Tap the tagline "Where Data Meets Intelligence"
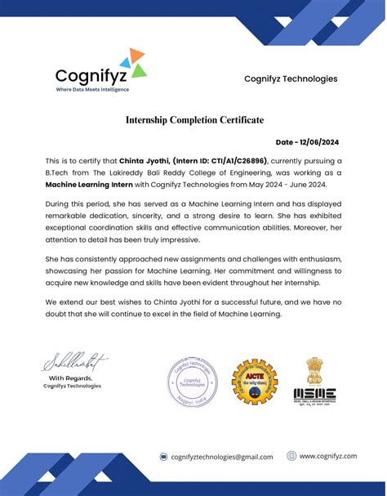[x=92, y=89]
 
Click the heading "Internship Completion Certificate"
[x=194, y=120]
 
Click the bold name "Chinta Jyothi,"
[x=143, y=162]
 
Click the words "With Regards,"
[x=73, y=378]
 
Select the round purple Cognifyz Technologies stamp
[x=192, y=372]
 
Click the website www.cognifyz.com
[x=328, y=456]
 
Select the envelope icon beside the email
[x=163, y=458]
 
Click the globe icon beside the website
[x=291, y=456]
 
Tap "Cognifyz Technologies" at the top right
[x=291, y=78]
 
